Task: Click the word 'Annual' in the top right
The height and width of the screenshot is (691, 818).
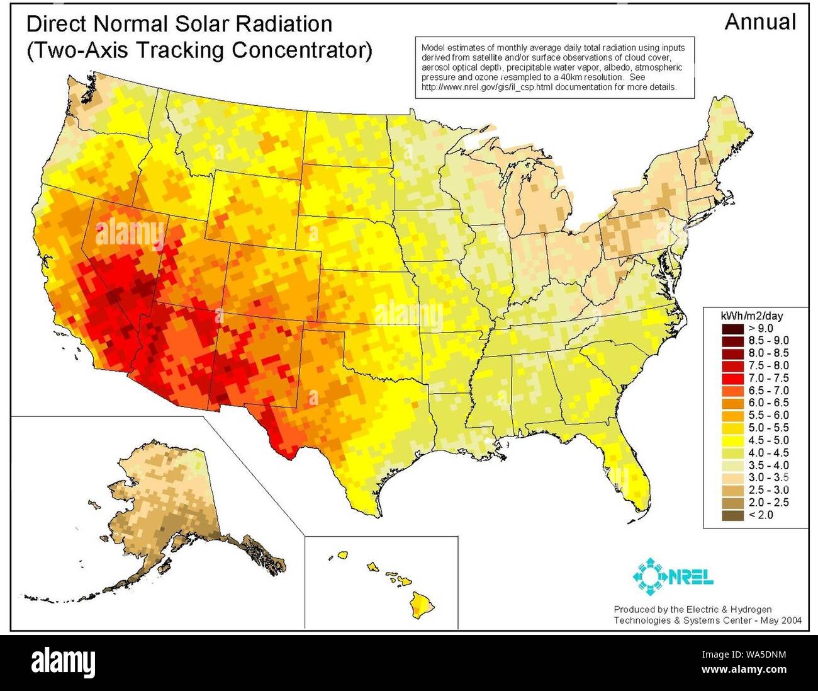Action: coord(760,22)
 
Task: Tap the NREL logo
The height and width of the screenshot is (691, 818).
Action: coord(673,576)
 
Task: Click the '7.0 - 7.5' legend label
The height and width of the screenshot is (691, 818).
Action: coord(768,378)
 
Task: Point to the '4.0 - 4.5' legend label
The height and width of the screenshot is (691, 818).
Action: coord(768,453)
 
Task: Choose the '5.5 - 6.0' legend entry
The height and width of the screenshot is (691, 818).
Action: coord(768,415)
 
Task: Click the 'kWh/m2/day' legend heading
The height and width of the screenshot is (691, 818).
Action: coord(751,316)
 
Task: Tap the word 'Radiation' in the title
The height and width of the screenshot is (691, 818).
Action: coord(277,24)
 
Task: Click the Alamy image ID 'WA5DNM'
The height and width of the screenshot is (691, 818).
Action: coord(764,655)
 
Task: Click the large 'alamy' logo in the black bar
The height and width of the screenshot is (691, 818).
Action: coord(64,662)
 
